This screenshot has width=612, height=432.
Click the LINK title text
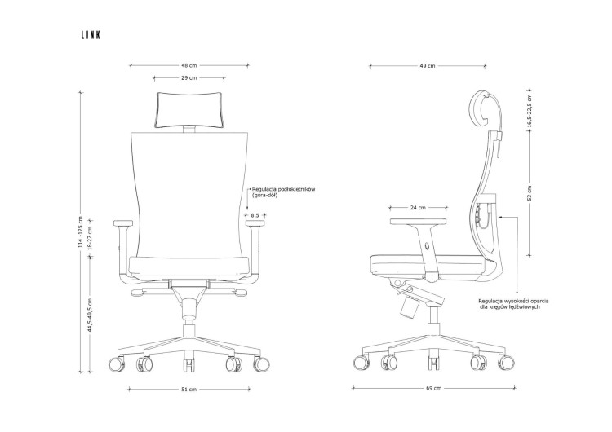coord(91,35)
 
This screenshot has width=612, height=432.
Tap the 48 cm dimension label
coord(189,65)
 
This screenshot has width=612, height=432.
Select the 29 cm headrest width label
coord(189,78)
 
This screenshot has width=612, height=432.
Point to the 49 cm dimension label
coord(428,66)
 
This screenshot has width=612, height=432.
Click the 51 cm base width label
coord(189,389)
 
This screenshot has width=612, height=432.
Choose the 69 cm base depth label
coord(434,388)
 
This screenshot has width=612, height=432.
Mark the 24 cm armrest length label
coord(418,208)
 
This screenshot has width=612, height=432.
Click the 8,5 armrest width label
coord(255,215)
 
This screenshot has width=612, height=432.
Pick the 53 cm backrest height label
coord(530,193)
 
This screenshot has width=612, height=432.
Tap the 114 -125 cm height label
coord(81,232)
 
